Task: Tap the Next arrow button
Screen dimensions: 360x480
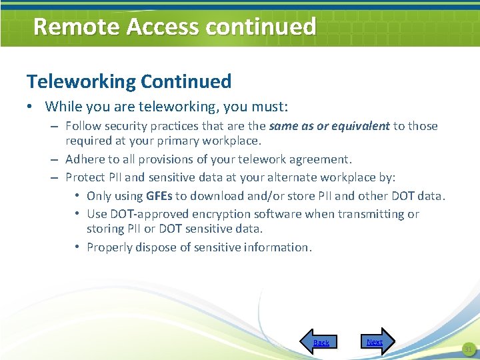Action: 377,341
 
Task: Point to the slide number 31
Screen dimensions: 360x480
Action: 467,349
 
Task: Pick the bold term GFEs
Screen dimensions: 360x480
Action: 158,196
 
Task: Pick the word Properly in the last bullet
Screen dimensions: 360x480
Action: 110,247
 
